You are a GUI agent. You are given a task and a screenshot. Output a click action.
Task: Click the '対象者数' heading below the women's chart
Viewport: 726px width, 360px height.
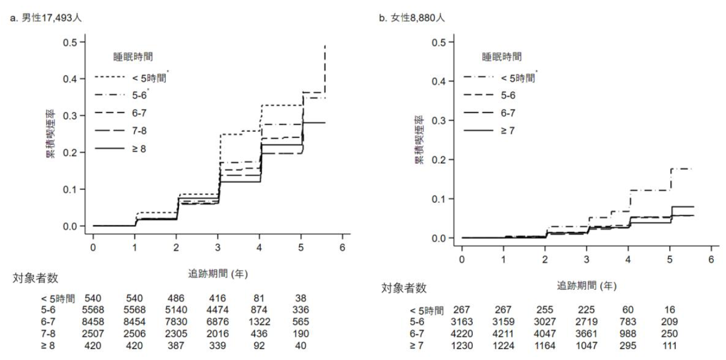(x=404, y=288)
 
